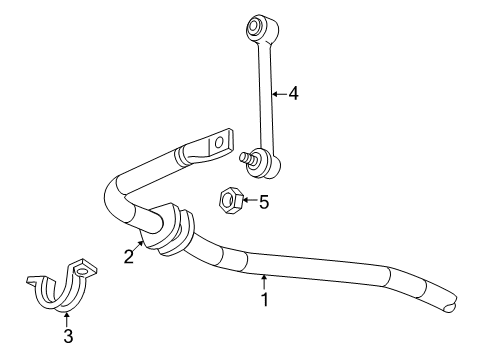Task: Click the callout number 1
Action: point(264,299)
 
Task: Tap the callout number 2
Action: point(128,257)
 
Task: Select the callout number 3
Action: point(68,337)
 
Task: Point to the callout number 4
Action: point(293,94)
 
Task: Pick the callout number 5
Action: point(264,203)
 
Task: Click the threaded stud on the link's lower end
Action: point(245,155)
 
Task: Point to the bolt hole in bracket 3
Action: point(89,268)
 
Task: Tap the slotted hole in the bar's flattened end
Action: point(215,146)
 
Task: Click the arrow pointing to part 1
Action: point(264,281)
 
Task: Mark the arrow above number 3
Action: point(68,318)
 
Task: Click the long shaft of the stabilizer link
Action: point(265,90)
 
